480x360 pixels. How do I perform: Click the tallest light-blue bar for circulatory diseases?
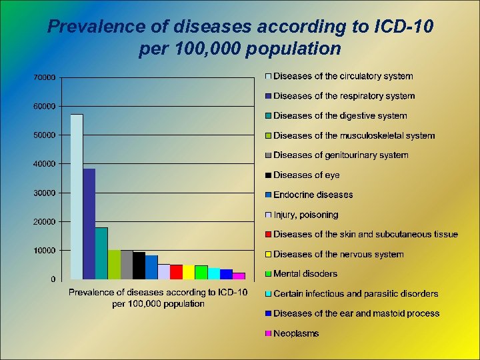77,197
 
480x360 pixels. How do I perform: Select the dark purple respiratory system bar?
89,223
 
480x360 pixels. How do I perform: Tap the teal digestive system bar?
101,253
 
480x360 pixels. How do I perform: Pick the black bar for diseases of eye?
139,265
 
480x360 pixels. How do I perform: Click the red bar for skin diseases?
176,271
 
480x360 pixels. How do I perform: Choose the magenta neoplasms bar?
239,275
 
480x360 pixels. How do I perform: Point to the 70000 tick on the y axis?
44,77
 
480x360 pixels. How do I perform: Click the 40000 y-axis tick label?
44,164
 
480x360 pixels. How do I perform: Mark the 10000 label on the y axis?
44,251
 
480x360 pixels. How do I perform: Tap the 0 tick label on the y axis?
53,279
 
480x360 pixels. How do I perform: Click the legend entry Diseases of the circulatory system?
343,77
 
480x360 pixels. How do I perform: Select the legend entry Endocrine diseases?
313,195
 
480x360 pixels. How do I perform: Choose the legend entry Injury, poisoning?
305,215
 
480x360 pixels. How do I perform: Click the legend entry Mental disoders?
305,274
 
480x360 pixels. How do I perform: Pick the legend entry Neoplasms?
296,333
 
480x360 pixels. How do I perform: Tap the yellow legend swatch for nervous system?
268,255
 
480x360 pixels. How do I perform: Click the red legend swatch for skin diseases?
268,235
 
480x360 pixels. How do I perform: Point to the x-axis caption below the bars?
158,298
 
